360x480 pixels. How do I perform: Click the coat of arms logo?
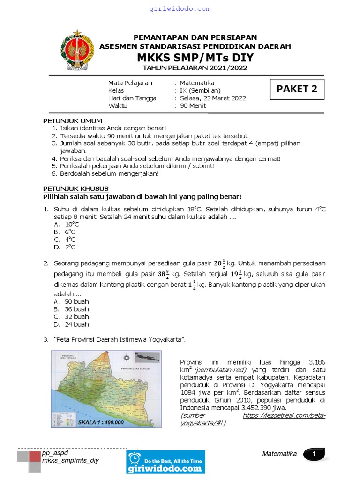point(77,50)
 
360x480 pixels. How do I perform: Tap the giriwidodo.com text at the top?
point(180,9)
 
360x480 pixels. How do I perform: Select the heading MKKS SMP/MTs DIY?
point(195,58)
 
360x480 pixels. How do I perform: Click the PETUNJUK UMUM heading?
point(66,121)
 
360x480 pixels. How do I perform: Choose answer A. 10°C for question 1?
point(67,225)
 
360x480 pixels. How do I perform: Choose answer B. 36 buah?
point(71,309)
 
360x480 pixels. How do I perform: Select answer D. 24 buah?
point(71,324)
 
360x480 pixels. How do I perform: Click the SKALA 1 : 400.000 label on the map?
point(101,421)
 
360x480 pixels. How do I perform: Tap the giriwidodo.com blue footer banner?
point(165,462)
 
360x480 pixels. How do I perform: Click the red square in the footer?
point(35,457)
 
